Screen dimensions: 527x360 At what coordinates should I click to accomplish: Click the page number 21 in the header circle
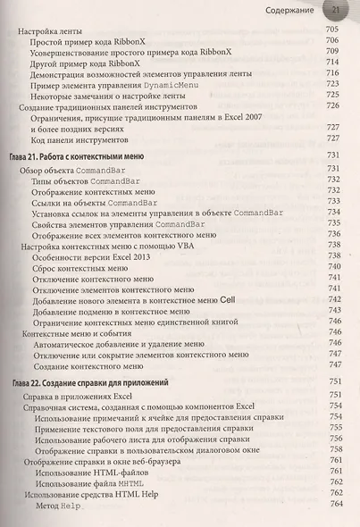(x=339, y=10)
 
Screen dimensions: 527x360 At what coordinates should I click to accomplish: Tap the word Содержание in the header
(x=295, y=10)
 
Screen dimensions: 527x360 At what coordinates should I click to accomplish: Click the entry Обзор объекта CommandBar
(x=80, y=168)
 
